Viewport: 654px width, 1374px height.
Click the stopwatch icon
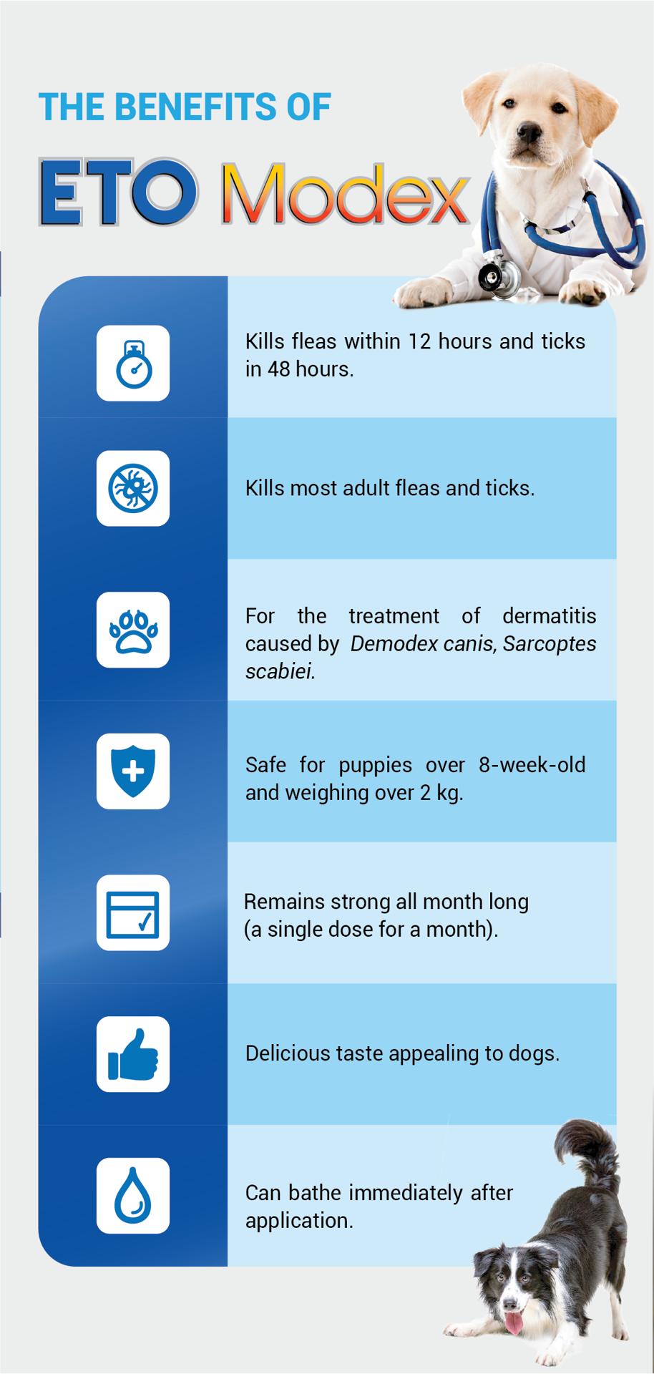pyautogui.click(x=134, y=364)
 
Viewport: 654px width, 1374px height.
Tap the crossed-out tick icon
pyautogui.click(x=133, y=488)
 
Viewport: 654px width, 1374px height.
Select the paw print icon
pyautogui.click(x=133, y=630)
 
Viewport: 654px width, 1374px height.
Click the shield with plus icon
pyautogui.click(x=133, y=771)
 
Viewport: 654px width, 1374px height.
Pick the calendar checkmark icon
pyautogui.click(x=133, y=914)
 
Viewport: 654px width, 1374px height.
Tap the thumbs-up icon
pyautogui.click(x=133, y=1054)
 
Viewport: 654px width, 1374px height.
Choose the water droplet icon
pyautogui.click(x=133, y=1195)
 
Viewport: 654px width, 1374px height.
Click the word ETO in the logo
pyautogui.click(x=118, y=192)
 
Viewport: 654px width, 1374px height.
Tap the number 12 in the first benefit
pyautogui.click(x=419, y=341)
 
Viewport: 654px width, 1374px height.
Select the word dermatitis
pyautogui.click(x=549, y=615)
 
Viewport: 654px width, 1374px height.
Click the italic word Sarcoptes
pyautogui.click(x=549, y=644)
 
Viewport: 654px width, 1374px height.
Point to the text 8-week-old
pyautogui.click(x=532, y=764)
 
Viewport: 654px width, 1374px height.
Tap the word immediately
pyautogui.click(x=405, y=1193)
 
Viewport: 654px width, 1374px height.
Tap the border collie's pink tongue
pyautogui.click(x=513, y=1322)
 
